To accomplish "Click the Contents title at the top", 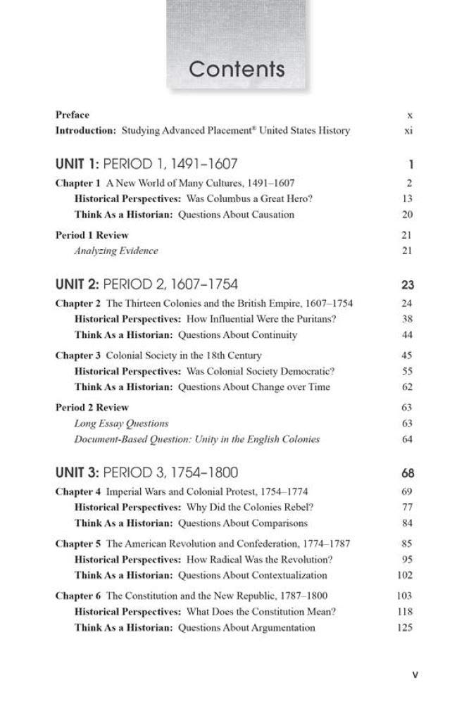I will coord(237,69).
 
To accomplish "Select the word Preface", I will coord(73,115).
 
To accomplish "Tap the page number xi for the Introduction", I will coord(408,130).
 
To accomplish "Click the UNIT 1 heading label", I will coord(77,165).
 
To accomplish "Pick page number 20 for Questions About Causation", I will coord(407,215).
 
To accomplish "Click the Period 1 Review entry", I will coord(92,235).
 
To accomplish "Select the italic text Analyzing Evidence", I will coord(116,251).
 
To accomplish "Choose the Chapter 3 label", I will coord(78,356).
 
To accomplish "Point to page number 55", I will coord(407,371).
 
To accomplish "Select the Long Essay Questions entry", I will coord(121,423).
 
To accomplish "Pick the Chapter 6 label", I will coord(78,596).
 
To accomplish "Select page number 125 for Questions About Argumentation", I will coord(405,627).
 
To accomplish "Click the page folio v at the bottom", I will coord(415,674).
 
